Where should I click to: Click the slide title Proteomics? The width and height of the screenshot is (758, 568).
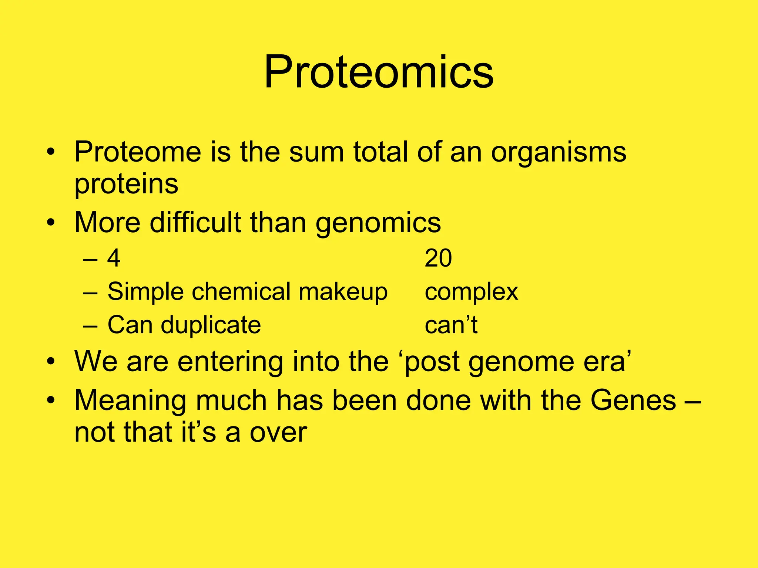379,72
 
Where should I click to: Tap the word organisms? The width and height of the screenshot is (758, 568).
559,153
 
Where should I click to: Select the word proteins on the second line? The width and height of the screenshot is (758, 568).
126,184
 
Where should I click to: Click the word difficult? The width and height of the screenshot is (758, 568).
195,223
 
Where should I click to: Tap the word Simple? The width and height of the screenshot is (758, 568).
145,292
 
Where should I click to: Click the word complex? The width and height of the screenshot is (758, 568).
471,292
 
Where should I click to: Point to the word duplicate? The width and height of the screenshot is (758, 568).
211,325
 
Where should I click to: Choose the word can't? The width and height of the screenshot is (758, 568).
451,325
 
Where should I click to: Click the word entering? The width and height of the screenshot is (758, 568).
230,361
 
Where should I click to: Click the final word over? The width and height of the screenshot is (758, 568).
278,432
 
